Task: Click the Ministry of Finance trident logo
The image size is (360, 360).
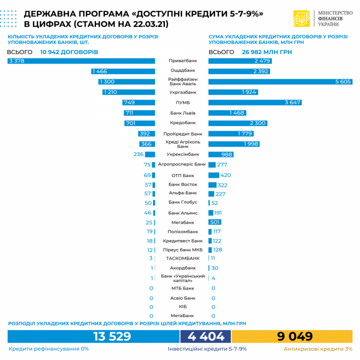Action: pyautogui.click(x=301, y=19)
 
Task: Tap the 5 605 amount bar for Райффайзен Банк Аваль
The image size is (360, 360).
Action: pyautogui.click(x=280, y=81)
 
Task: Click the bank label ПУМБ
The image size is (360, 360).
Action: pyautogui.click(x=182, y=102)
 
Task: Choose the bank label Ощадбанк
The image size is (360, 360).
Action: pyautogui.click(x=182, y=70)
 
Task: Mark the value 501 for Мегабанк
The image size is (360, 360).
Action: pyautogui.click(x=215, y=222)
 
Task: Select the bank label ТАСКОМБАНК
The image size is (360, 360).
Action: pyautogui.click(x=182, y=258)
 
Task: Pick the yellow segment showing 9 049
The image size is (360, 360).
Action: pyautogui.click(x=292, y=336)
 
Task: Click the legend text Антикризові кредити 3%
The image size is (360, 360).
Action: pyautogui.click(x=318, y=349)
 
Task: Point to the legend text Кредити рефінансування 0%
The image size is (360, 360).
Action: pyautogui.click(x=48, y=349)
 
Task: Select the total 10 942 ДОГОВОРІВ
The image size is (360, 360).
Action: pyautogui.click(x=69, y=52)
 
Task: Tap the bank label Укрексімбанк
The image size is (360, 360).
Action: pyautogui.click(x=182, y=154)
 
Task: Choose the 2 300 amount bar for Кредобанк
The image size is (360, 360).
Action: pyautogui.click(x=237, y=123)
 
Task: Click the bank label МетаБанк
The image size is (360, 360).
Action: pyautogui.click(x=182, y=315)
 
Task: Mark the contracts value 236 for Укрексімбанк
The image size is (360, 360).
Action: pyautogui.click(x=138, y=154)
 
